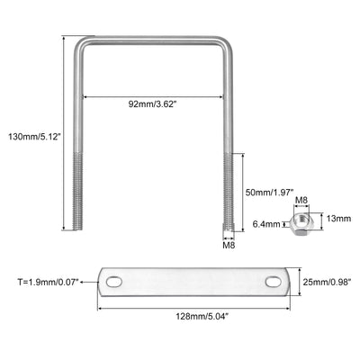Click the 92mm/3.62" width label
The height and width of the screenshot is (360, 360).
point(152,104)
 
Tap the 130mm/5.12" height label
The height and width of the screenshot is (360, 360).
point(35,137)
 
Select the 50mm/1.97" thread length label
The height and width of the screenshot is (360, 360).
point(269,192)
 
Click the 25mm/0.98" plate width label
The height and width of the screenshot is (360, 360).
point(327,282)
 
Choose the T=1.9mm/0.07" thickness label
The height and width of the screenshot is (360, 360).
point(49,282)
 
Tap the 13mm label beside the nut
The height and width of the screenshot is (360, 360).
point(338,219)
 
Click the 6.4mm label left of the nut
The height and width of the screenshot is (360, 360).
point(266,224)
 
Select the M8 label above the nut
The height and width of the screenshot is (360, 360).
point(301,200)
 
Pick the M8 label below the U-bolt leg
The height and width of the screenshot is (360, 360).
point(229,245)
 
